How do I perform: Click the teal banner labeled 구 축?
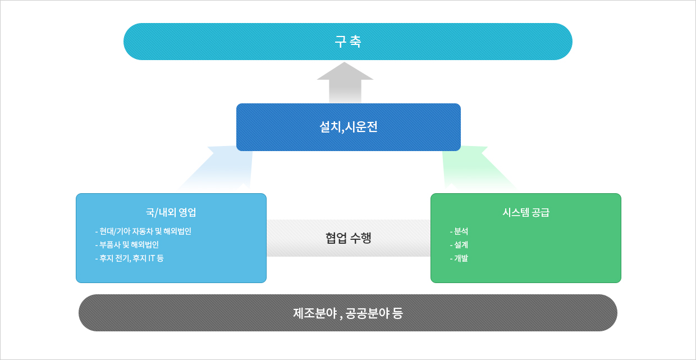(347, 42)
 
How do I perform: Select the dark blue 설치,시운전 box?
(349, 127)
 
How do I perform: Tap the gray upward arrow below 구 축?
(345, 83)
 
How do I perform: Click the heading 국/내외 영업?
(171, 212)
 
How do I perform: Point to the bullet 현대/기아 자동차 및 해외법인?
(143, 231)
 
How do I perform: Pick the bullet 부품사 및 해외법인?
(127, 245)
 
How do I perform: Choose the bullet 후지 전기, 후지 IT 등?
(129, 258)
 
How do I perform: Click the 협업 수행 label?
(349, 238)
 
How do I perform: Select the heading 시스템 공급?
(526, 212)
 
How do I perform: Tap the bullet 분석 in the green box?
(459, 231)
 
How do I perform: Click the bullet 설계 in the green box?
(459, 245)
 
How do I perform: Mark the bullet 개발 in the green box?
(459, 258)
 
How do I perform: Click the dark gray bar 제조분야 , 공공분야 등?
(347, 313)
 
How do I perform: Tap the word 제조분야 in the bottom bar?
(315, 313)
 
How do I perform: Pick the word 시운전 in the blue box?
(361, 127)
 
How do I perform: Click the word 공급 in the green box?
(541, 212)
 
